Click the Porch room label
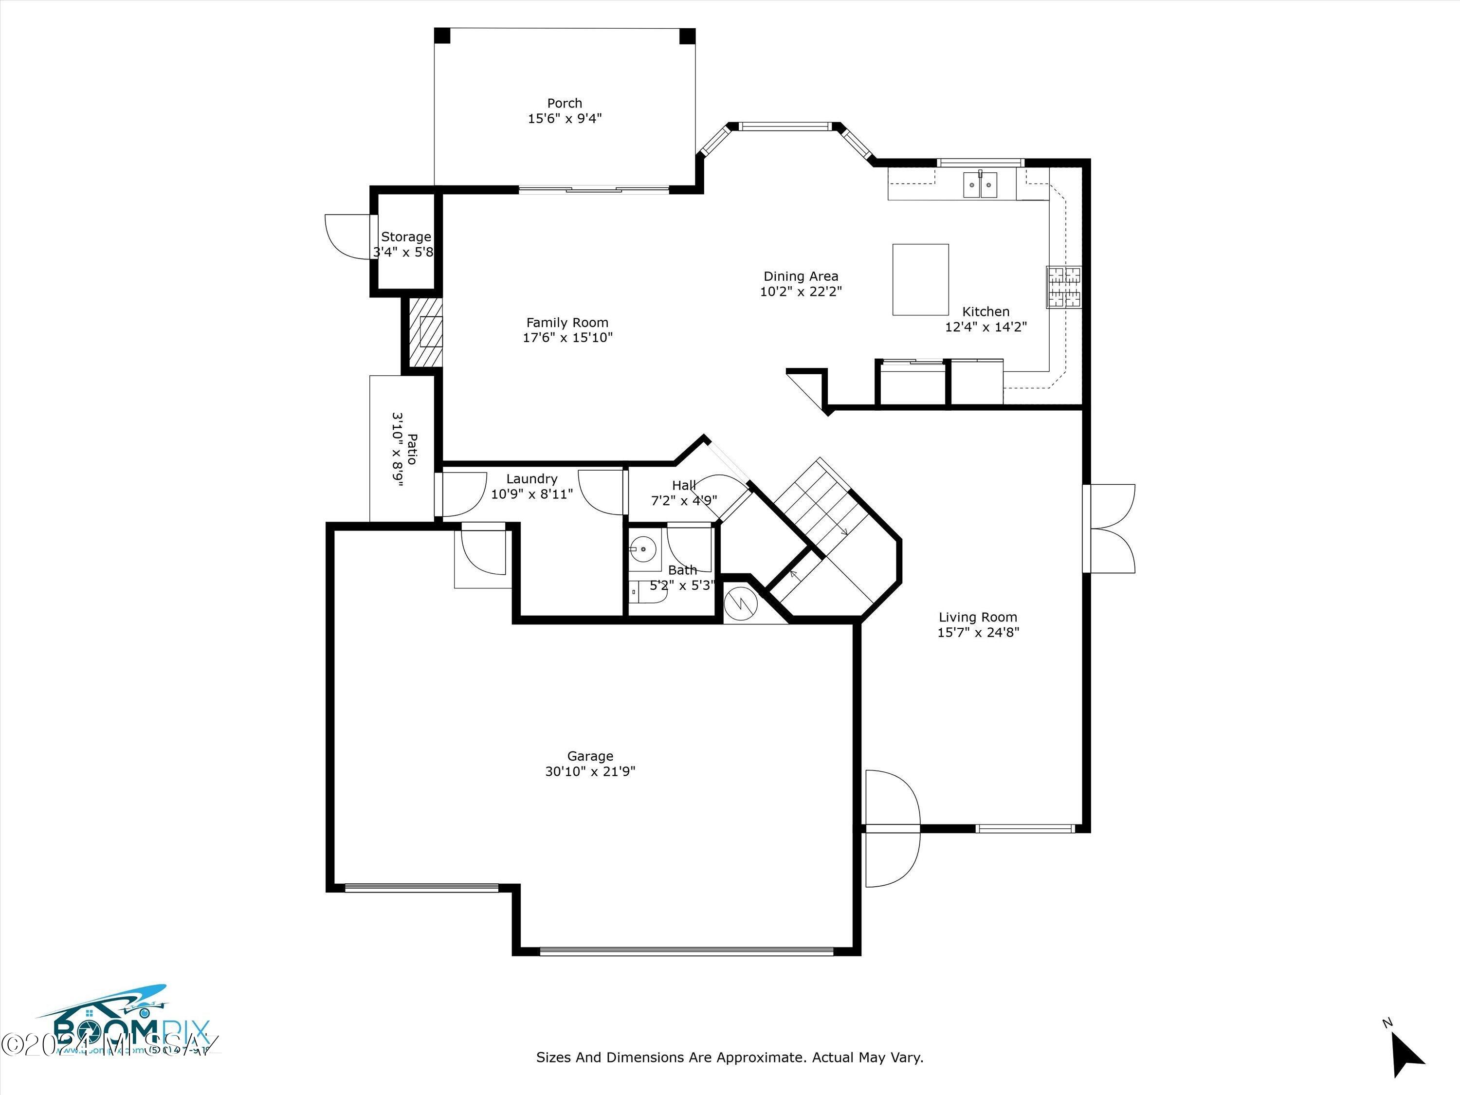pyautogui.click(x=565, y=103)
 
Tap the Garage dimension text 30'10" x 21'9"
pyautogui.click(x=590, y=771)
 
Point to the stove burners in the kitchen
pyautogui.click(x=1063, y=287)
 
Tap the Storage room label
pyautogui.click(x=406, y=237)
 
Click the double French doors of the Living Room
pyautogui.click(x=1112, y=528)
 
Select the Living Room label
pyautogui.click(x=978, y=617)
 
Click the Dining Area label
pyautogui.click(x=801, y=276)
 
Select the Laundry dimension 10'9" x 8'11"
pyautogui.click(x=532, y=493)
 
